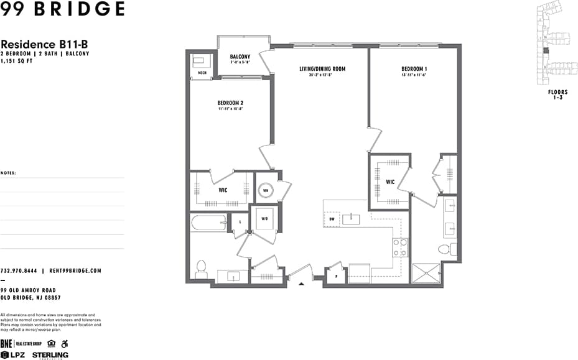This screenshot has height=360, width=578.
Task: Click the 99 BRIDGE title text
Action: click(62, 9)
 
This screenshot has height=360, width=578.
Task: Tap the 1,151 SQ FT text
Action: click(18, 60)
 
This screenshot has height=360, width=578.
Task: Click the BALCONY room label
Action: click(240, 57)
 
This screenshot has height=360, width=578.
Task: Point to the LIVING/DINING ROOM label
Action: click(322, 69)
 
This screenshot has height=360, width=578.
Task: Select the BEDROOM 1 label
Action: click(413, 69)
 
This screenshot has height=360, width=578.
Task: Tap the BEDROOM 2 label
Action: click(230, 103)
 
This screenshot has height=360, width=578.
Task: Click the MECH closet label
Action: click(202, 73)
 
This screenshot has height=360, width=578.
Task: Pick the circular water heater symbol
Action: click(265, 190)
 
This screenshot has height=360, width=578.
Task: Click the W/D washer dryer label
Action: click(264, 219)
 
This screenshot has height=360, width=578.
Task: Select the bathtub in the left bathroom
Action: click(209, 222)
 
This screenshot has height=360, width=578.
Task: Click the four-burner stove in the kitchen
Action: click(399, 247)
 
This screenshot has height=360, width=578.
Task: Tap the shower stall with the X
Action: click(426, 274)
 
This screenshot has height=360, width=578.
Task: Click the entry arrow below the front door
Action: click(302, 285)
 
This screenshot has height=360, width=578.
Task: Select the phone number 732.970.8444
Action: click(19, 271)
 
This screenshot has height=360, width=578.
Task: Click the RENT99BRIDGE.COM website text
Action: click(75, 271)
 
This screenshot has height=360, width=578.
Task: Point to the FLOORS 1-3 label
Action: click(557, 95)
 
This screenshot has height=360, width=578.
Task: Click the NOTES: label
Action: click(9, 173)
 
